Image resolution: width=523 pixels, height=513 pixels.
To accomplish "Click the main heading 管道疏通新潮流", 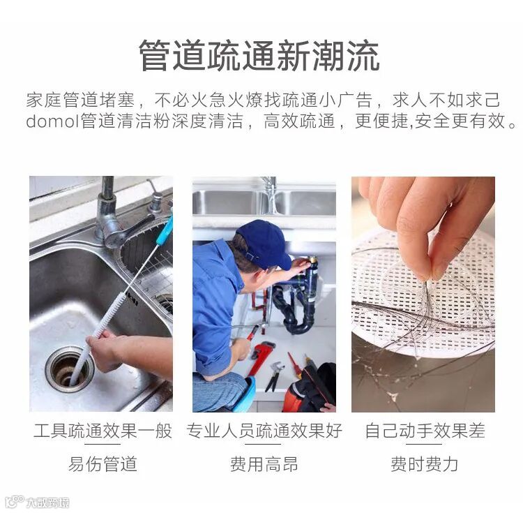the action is (259, 55).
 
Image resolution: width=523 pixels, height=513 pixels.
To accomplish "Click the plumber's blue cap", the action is (263, 243).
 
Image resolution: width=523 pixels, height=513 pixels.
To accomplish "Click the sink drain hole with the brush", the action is (69, 369).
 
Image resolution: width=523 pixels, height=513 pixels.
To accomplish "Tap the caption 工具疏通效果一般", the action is (103, 430).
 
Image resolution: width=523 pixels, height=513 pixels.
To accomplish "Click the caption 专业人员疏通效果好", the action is (264, 430).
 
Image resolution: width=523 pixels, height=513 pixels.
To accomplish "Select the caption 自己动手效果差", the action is (425, 430).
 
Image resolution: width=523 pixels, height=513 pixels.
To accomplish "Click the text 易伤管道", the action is (103, 464).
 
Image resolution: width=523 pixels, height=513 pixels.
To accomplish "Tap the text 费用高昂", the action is (264, 464).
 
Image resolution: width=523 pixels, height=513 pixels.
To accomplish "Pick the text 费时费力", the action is (424, 464).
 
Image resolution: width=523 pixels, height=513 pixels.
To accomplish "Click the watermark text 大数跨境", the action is (47, 503).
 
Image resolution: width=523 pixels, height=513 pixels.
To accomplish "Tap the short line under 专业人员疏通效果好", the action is (263, 444).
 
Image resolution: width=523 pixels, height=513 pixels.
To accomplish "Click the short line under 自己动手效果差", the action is (424, 444).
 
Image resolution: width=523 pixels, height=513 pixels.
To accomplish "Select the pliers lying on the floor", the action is (275, 376).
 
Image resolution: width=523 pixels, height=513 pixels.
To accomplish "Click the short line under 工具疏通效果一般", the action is (103, 444).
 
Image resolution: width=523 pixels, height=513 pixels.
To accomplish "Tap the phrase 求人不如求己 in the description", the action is (446, 100).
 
